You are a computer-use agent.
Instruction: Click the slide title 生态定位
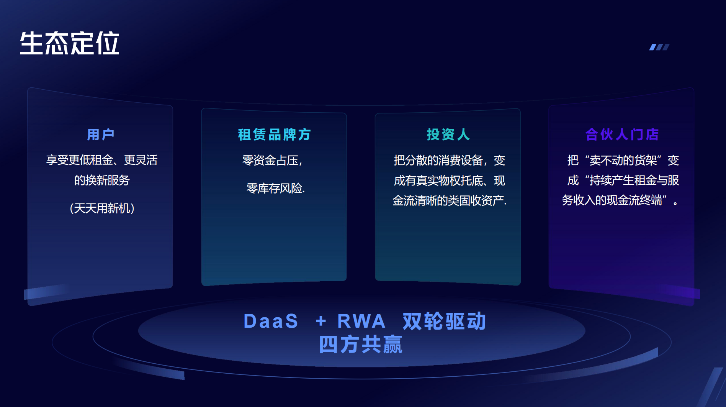tap(69, 43)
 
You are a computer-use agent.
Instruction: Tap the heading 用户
tap(101, 135)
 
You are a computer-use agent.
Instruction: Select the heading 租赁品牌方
tap(274, 135)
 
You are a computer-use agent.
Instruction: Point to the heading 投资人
tap(448, 135)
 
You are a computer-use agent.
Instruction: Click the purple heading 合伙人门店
tap(622, 135)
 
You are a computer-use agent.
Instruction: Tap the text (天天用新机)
tap(102, 208)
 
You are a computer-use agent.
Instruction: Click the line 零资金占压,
tap(272, 160)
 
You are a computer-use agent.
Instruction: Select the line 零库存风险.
tap(275, 188)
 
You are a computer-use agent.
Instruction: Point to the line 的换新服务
tap(102, 180)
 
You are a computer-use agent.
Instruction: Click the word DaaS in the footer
tap(271, 321)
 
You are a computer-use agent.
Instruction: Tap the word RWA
tap(361, 321)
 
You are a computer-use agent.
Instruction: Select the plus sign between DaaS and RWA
tap(321, 321)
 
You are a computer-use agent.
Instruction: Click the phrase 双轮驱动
tap(444, 321)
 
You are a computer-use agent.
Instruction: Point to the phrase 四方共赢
tap(361, 345)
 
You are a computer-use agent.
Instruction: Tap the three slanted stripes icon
tap(659, 47)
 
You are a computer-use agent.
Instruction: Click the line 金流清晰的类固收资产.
tap(450, 200)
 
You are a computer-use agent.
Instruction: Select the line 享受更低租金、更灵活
tap(102, 160)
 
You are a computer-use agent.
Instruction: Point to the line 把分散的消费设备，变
tap(450, 160)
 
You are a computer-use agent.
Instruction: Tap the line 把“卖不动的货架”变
tap(623, 160)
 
